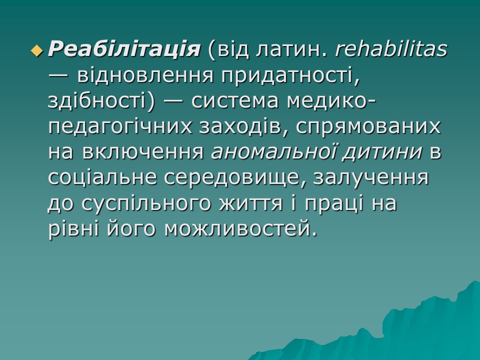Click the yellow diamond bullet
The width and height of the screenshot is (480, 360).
coord(36,49)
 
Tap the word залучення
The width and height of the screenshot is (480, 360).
coord(370,178)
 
